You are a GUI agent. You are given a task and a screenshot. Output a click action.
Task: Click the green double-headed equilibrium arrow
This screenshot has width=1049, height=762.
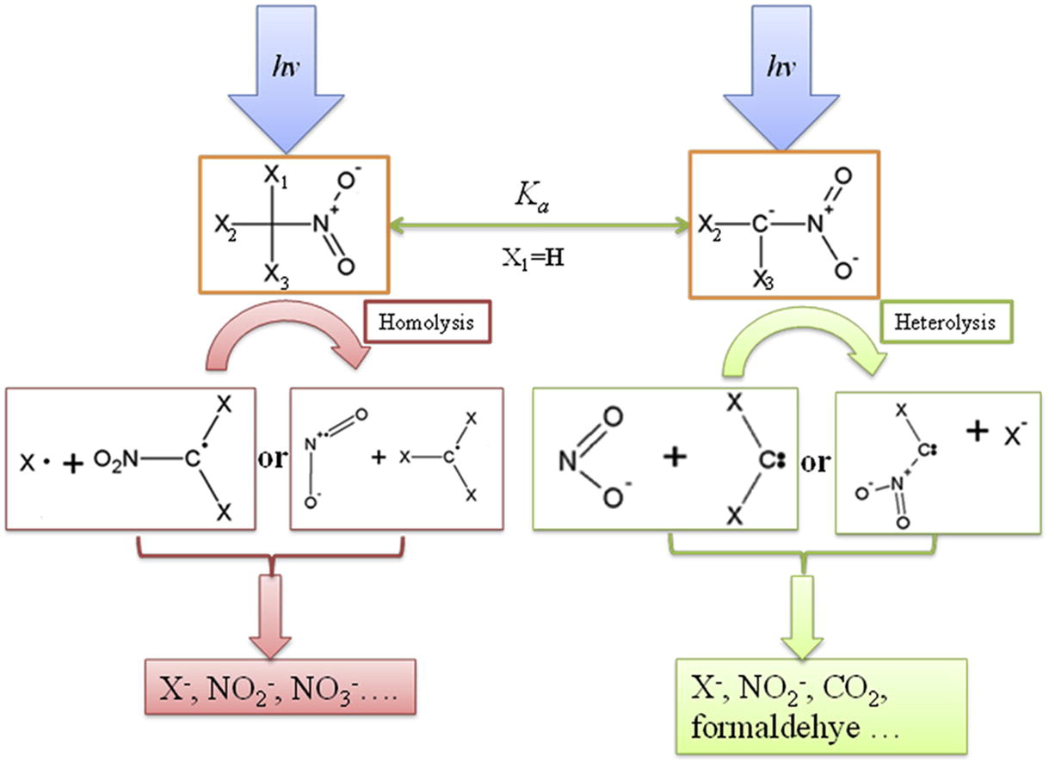[538, 226]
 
